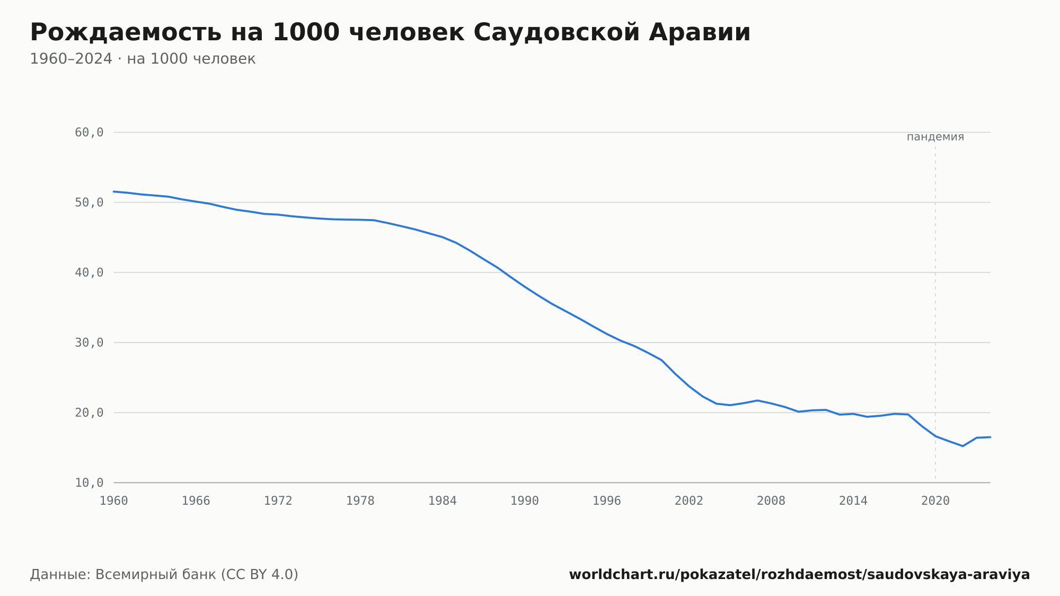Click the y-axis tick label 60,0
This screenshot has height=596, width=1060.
point(89,133)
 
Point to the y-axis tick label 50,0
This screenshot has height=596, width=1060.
point(89,203)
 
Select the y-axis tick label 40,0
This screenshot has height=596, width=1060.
point(89,273)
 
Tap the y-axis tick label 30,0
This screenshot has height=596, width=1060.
point(89,343)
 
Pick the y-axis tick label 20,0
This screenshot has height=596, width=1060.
point(89,413)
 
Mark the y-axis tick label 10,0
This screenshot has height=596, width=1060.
point(89,483)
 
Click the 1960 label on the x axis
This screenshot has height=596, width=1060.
point(114,501)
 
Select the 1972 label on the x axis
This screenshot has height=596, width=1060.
point(278,501)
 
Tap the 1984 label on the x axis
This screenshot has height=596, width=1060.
point(443,501)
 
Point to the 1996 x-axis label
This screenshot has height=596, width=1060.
point(607,501)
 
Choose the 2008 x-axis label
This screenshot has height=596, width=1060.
point(771,501)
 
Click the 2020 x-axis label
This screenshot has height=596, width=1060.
point(935,501)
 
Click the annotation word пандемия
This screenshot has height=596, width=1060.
point(935,137)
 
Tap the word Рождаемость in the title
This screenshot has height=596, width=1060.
point(126,32)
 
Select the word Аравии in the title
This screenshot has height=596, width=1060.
point(700,32)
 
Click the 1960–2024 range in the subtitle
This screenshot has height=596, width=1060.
point(71,59)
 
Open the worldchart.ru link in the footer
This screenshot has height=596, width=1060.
point(799,574)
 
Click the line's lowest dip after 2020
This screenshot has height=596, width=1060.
point(962,446)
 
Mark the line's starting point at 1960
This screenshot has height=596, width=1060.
point(114,191)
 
